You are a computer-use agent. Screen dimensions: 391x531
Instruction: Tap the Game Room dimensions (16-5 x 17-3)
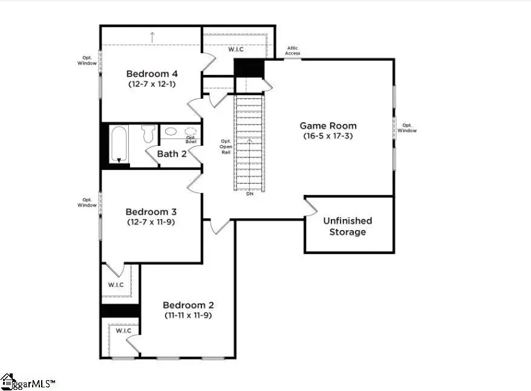[x=328, y=136]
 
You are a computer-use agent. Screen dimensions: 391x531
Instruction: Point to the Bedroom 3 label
[x=151, y=212]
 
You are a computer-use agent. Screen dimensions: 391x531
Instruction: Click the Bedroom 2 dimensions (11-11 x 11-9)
[x=187, y=315]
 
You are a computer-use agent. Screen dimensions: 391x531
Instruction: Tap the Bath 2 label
[x=172, y=154]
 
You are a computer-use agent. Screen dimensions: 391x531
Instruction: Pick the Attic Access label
[x=293, y=51]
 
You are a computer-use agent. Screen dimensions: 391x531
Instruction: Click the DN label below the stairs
[x=250, y=194]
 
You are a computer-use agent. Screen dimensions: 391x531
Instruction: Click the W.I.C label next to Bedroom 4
[x=236, y=50]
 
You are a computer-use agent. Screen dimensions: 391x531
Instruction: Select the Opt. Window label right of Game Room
[x=407, y=128]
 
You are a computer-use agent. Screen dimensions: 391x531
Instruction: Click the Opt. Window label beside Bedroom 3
[x=86, y=202]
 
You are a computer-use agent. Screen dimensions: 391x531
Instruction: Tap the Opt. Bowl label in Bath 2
[x=191, y=139]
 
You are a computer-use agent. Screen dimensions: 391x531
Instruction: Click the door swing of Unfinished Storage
[x=311, y=206]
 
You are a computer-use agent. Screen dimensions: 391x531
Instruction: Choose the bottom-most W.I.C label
[x=123, y=330]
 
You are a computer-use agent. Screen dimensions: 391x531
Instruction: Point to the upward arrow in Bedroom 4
[x=152, y=36]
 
